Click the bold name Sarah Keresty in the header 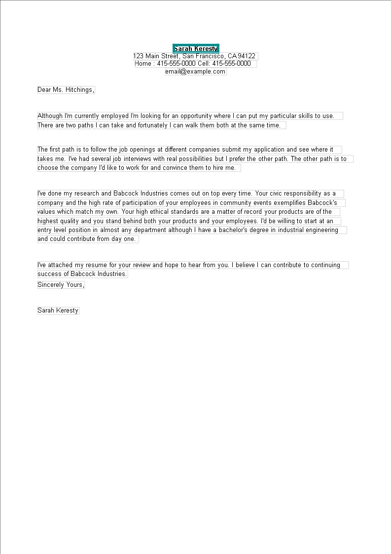(x=196, y=48)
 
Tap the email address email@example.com (x=195, y=72)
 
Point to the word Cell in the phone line (x=204, y=64)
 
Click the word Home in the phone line (x=143, y=64)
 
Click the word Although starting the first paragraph (x=50, y=116)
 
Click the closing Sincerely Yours (x=61, y=285)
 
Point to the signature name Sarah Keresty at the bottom (x=58, y=311)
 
